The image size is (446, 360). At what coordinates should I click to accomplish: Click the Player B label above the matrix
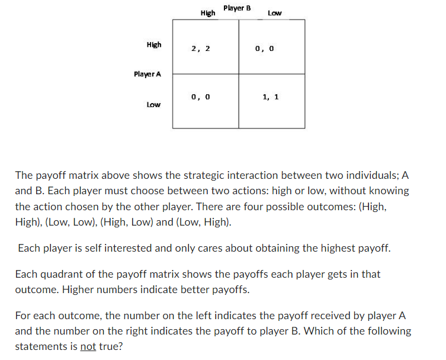click(237, 8)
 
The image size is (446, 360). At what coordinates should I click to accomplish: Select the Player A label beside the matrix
click(147, 74)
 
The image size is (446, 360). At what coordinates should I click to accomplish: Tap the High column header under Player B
click(207, 12)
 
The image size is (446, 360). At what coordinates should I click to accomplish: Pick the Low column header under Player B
click(275, 12)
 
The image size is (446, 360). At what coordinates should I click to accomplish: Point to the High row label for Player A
click(154, 44)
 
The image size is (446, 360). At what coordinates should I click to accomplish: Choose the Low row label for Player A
click(153, 105)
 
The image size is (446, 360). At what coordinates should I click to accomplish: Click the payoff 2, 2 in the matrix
click(200, 49)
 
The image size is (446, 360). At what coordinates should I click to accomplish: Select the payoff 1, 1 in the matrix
click(270, 96)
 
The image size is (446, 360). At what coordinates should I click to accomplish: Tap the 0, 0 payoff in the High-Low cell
click(264, 49)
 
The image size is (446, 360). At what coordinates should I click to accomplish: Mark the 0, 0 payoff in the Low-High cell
click(201, 96)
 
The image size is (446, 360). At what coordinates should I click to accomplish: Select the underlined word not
click(88, 346)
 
